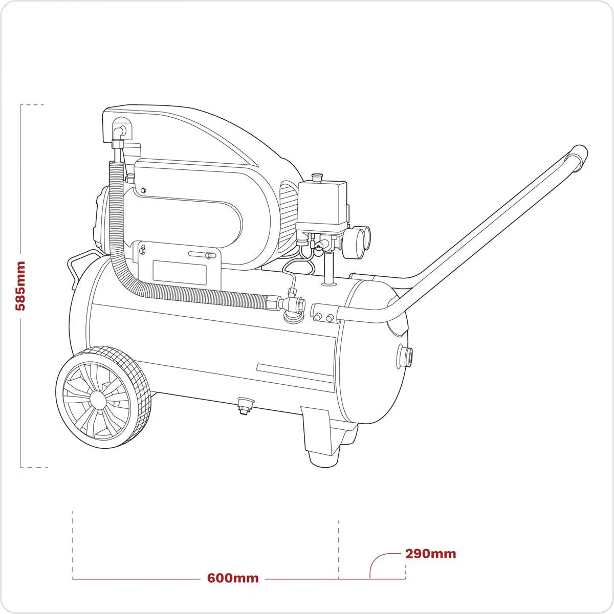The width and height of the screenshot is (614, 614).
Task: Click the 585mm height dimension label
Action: [20, 286]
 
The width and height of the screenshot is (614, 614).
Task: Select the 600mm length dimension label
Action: [233, 578]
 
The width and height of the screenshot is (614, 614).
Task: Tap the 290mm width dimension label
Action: [430, 554]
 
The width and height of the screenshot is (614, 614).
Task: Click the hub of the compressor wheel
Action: [96, 398]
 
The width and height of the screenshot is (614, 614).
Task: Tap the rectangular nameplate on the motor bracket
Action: [179, 272]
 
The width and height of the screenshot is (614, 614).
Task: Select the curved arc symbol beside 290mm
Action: [381, 563]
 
